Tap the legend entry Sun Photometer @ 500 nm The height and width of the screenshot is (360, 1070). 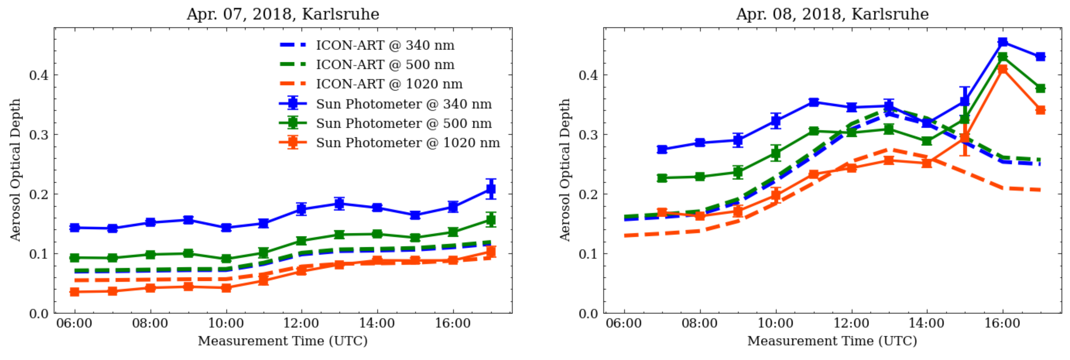(x=403, y=123)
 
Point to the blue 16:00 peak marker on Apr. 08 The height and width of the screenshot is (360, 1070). (x=1002, y=42)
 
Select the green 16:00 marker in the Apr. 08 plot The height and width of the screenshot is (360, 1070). (x=1002, y=57)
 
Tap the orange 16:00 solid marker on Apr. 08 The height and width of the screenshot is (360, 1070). (x=1002, y=69)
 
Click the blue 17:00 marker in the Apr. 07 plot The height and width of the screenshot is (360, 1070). (x=491, y=189)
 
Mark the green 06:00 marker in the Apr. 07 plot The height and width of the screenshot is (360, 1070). (x=75, y=257)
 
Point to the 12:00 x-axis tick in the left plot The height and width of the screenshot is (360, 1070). (x=301, y=323)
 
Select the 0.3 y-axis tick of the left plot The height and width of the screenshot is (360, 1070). (x=39, y=135)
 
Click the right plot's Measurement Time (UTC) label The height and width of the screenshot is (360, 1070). (x=832, y=341)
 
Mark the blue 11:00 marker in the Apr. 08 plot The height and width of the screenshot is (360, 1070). (x=813, y=102)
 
